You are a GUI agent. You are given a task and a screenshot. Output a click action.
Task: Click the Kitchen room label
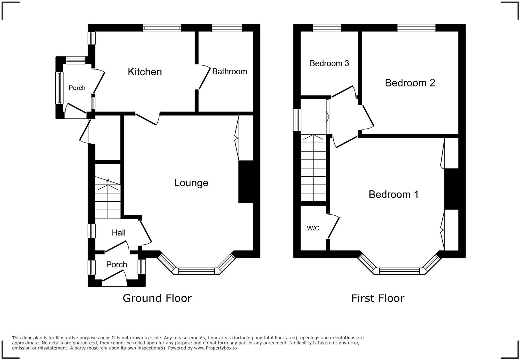pos(145,72)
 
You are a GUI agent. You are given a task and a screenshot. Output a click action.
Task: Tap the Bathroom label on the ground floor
pos(229,72)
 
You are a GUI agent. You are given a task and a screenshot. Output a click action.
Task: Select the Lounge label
pos(191,183)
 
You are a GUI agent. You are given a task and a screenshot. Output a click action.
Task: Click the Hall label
pos(119,233)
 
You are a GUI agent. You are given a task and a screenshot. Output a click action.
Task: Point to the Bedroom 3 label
pos(329,63)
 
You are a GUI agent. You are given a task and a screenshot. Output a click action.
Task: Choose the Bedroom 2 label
pos(410,83)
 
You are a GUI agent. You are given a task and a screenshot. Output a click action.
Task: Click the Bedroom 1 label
pos(393,194)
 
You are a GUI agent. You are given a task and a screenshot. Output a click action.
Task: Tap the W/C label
pos(313,228)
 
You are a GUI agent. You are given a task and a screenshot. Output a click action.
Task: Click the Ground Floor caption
pos(157,298)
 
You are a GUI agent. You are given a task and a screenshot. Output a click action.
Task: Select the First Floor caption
pos(378,298)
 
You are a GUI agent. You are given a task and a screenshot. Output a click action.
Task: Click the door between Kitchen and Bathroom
pos(205,77)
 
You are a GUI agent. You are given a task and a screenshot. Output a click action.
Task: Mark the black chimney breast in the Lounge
pos(246,182)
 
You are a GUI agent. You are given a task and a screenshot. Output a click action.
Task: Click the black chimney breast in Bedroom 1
pos(451,189)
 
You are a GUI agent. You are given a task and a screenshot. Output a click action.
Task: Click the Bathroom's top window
pos(227,28)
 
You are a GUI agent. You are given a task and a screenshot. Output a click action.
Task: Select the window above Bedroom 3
pos(327,28)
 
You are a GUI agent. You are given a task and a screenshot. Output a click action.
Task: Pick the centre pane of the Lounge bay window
pos(197,271)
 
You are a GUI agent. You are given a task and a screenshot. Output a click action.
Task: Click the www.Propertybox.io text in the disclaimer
pos(215,348)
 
